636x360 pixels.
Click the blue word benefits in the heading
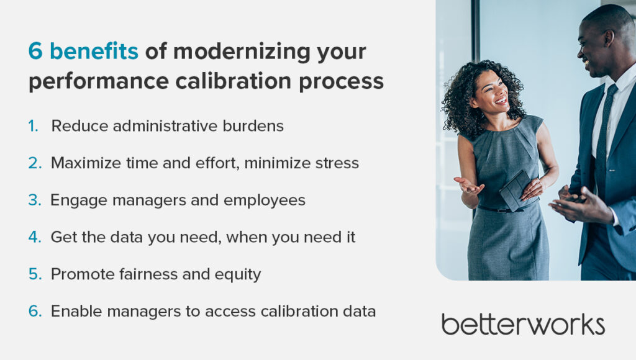tap(94, 52)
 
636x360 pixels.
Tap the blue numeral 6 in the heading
tap(35, 52)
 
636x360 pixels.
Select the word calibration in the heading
tap(234, 81)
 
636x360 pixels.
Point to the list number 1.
tap(34, 126)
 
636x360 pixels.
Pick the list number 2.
tap(35, 163)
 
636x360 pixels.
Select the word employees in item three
tap(264, 200)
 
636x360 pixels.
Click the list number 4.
tap(35, 237)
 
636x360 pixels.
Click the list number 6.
tap(35, 312)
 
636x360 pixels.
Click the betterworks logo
tap(523, 324)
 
